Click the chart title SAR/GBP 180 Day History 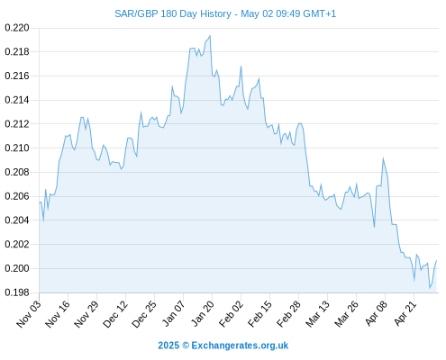coord(173,13)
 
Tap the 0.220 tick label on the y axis coord(17,28)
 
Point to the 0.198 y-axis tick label coord(17,292)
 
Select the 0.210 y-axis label coord(17,148)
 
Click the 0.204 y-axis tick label coord(17,220)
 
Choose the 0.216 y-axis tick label coord(17,76)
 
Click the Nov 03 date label coord(29,314)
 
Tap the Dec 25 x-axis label coord(144,314)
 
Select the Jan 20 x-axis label coord(202,314)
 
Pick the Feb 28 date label coord(288,314)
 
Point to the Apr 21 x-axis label coord(405,314)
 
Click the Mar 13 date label coord(317,314)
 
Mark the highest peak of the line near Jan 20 coord(210,36)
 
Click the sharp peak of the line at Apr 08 coord(383,158)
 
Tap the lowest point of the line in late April coord(430,288)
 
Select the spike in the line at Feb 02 coord(241,67)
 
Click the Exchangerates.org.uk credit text coord(240,346)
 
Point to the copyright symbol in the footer coord(186,346)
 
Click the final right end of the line coord(436,260)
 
